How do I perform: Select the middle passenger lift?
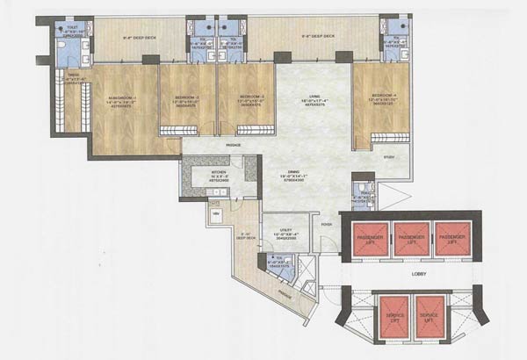(x=410, y=241)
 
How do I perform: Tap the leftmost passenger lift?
(x=369, y=241)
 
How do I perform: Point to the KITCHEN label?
(x=220, y=172)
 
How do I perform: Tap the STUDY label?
(x=389, y=158)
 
